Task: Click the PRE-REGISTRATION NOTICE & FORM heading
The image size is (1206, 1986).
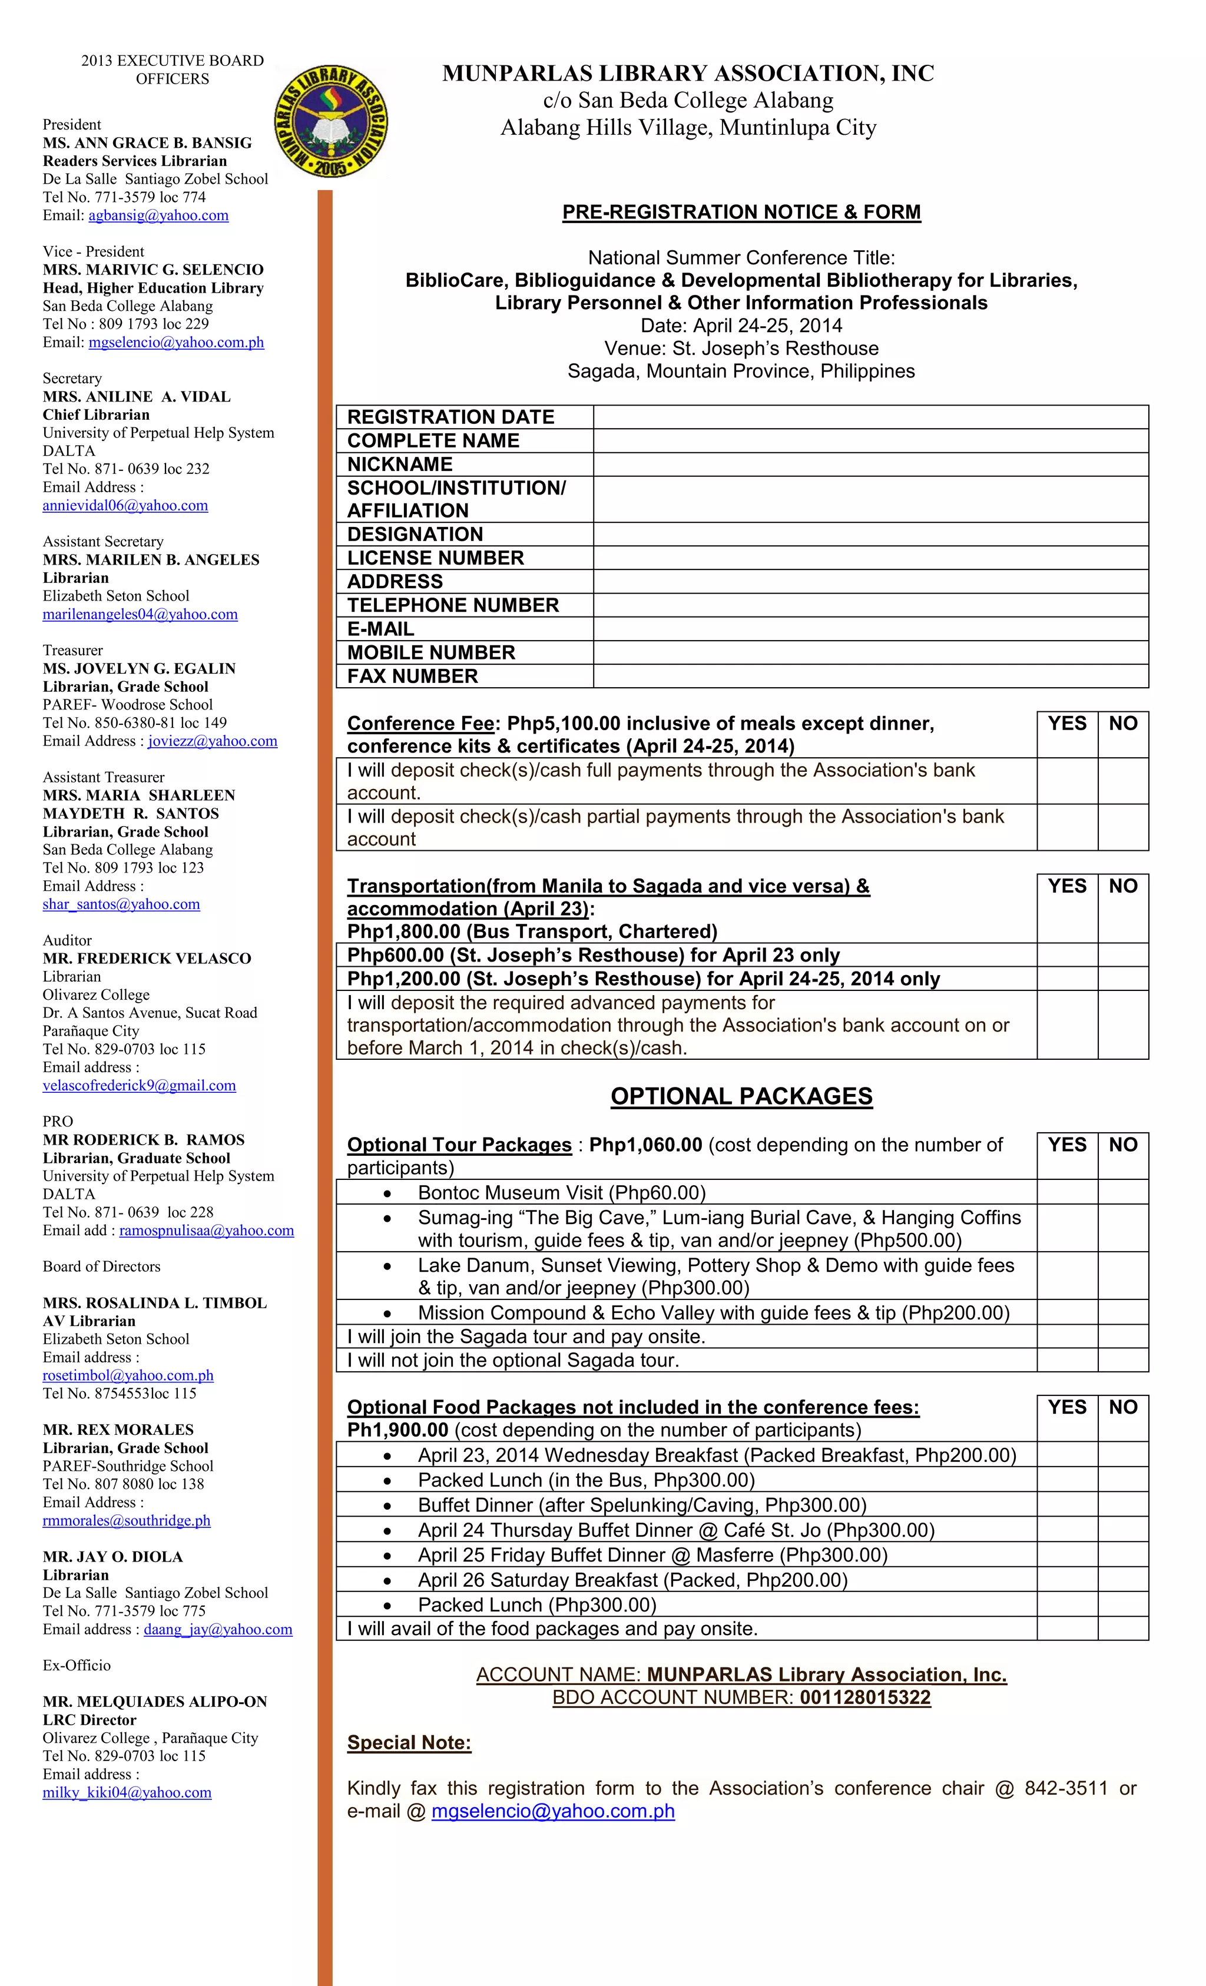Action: pyautogui.click(x=741, y=212)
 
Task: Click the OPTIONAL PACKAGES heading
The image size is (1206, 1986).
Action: pyautogui.click(x=741, y=1096)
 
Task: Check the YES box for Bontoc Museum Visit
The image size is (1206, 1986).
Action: pyautogui.click(x=1066, y=1192)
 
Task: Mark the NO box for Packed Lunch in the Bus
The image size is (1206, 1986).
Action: pyautogui.click(x=1122, y=1480)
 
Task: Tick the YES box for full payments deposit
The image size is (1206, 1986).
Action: pyautogui.click(x=1066, y=780)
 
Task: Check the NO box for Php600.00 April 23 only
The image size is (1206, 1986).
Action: pyautogui.click(x=1122, y=955)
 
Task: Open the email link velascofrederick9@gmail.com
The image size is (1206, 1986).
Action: pyautogui.click(x=140, y=1086)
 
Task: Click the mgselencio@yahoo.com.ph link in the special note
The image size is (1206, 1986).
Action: pyautogui.click(x=552, y=1811)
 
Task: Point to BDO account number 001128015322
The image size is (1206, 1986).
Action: pyautogui.click(x=864, y=1697)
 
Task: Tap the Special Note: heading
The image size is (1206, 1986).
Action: pyautogui.click(x=409, y=1743)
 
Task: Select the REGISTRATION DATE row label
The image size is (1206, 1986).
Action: pyautogui.click(x=450, y=417)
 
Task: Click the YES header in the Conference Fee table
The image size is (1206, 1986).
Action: pyautogui.click(x=1066, y=724)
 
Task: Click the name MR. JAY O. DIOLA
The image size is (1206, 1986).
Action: pyautogui.click(x=113, y=1556)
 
